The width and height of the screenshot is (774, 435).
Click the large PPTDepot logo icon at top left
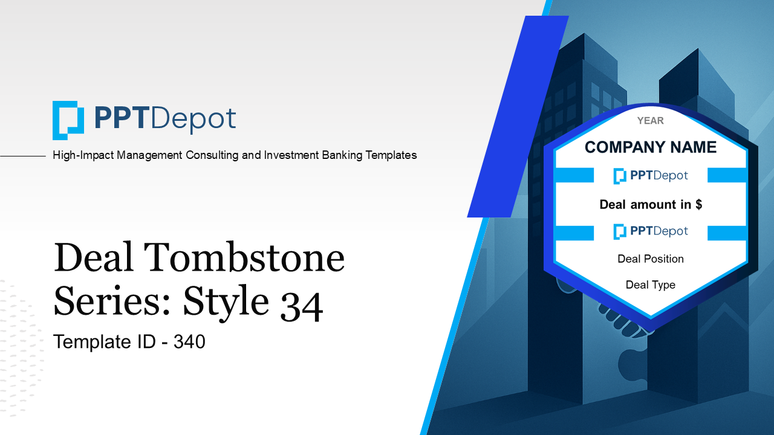(x=68, y=120)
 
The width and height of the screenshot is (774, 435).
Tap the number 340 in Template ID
(x=189, y=342)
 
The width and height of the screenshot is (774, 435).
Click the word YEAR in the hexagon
(x=650, y=121)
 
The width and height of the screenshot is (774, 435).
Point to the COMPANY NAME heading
(x=651, y=147)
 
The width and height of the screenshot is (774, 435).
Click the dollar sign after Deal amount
(x=698, y=204)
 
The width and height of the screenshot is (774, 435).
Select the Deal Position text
(x=651, y=259)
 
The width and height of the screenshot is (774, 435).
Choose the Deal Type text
(x=651, y=285)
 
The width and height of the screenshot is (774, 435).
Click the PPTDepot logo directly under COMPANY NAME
(x=651, y=176)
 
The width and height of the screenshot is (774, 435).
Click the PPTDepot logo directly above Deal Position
(x=651, y=231)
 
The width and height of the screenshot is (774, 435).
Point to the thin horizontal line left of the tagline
(x=23, y=156)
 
